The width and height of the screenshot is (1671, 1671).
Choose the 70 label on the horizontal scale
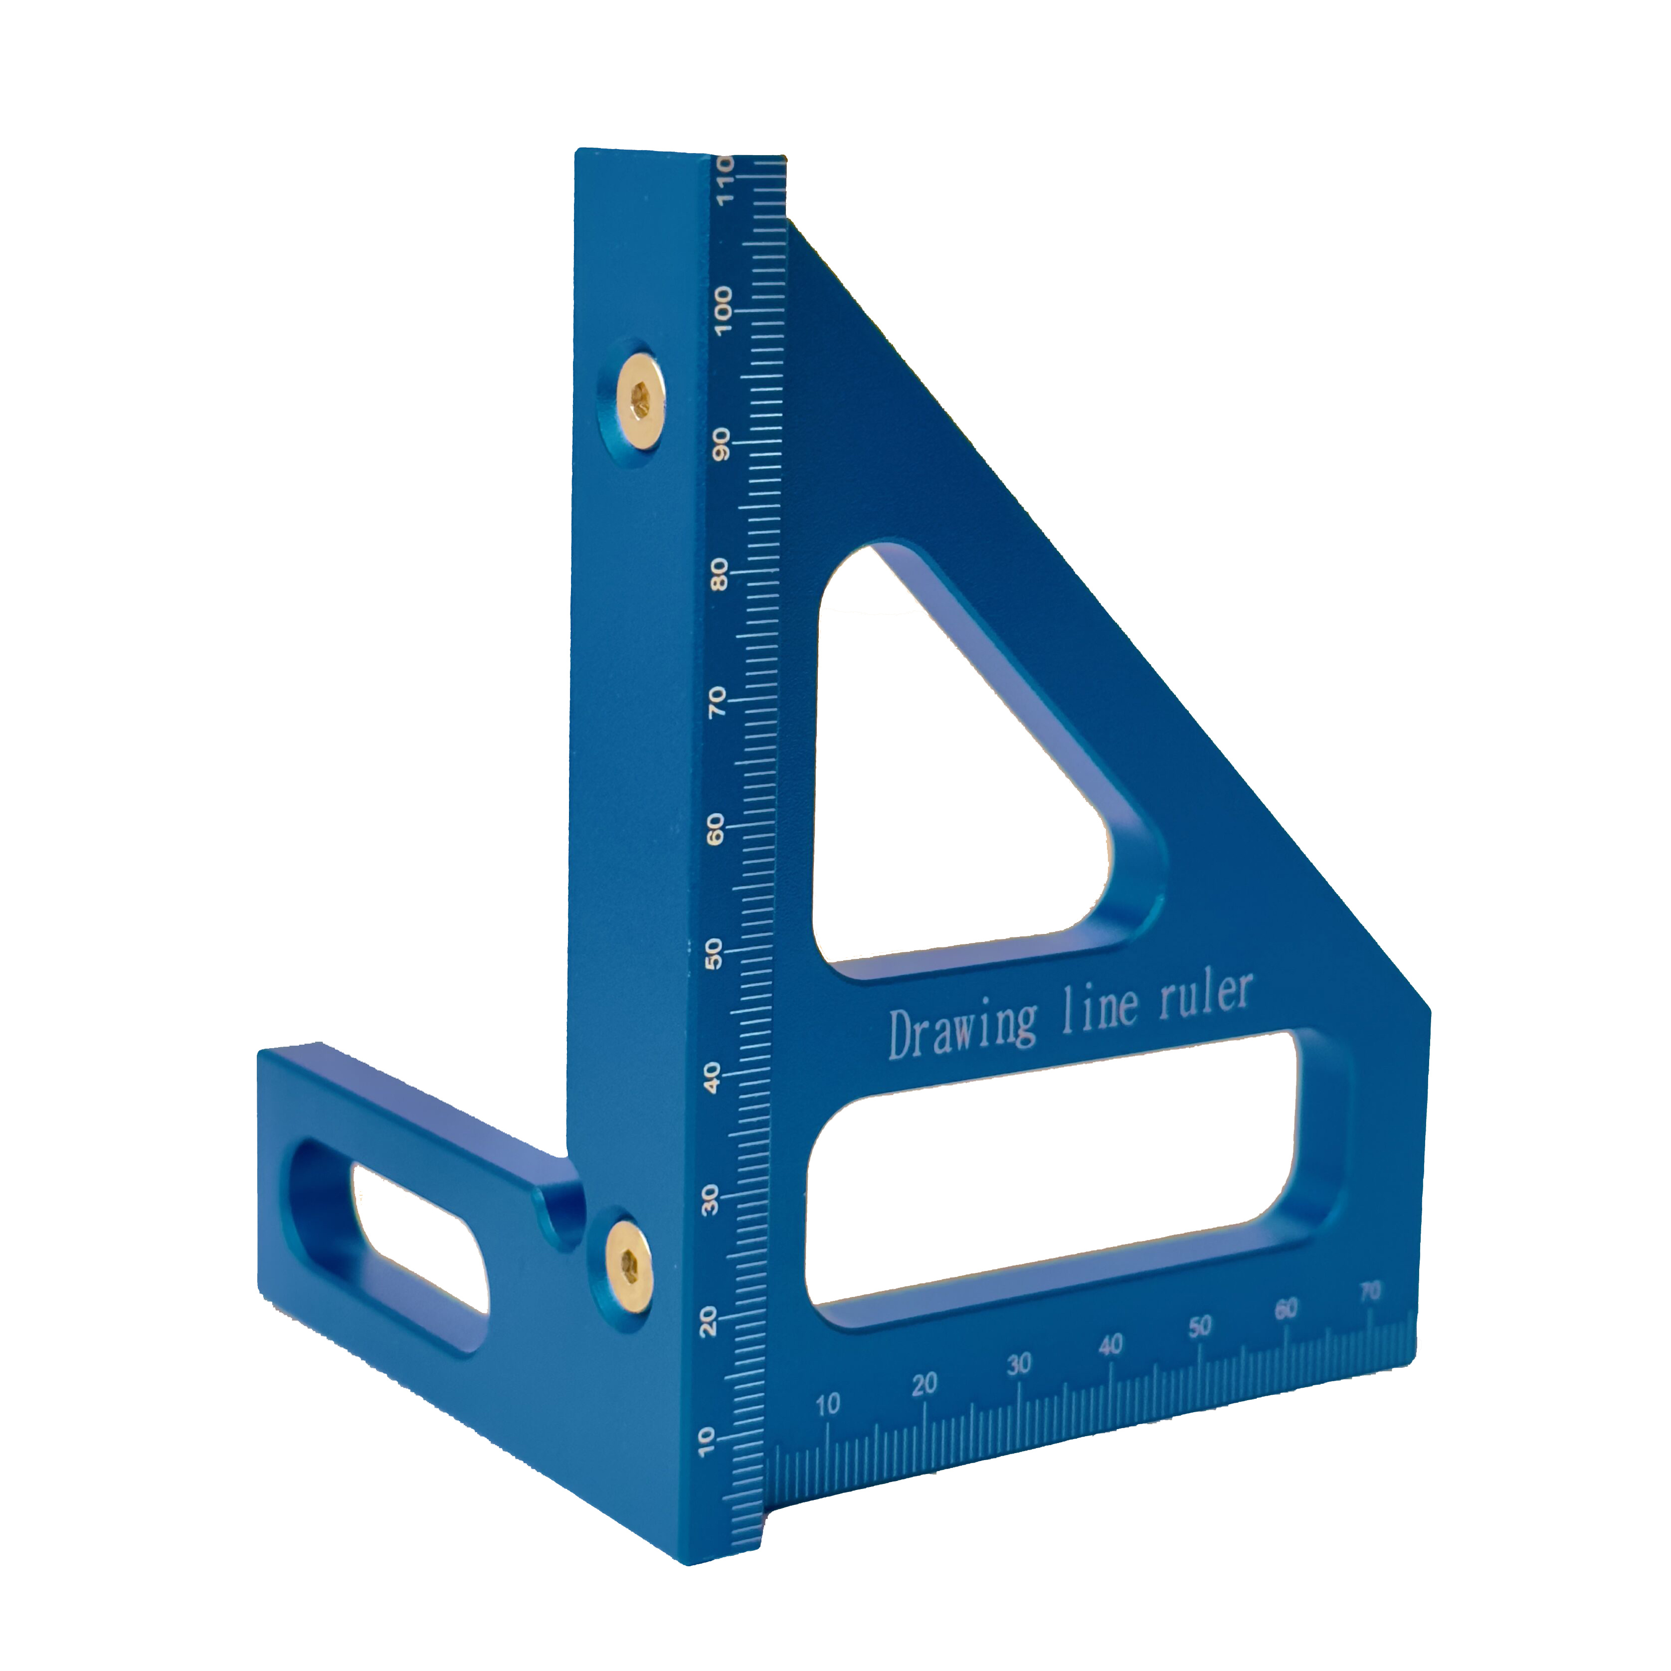pos(1369,1292)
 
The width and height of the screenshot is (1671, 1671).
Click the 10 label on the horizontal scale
pos(828,1405)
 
